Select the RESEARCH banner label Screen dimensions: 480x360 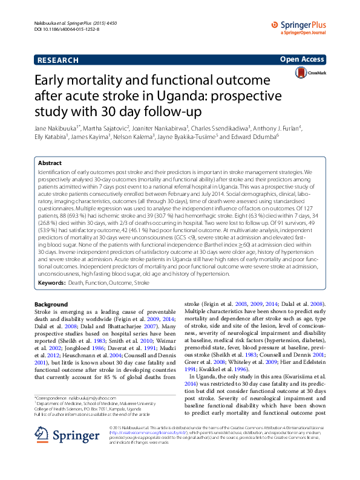coord(58,60)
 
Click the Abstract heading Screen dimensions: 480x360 coord(50,163)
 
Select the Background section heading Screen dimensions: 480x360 coord(51,304)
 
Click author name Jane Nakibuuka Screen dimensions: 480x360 coord(53,128)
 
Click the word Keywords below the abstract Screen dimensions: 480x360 coord(51,283)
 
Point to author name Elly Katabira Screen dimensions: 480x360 coord(50,137)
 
